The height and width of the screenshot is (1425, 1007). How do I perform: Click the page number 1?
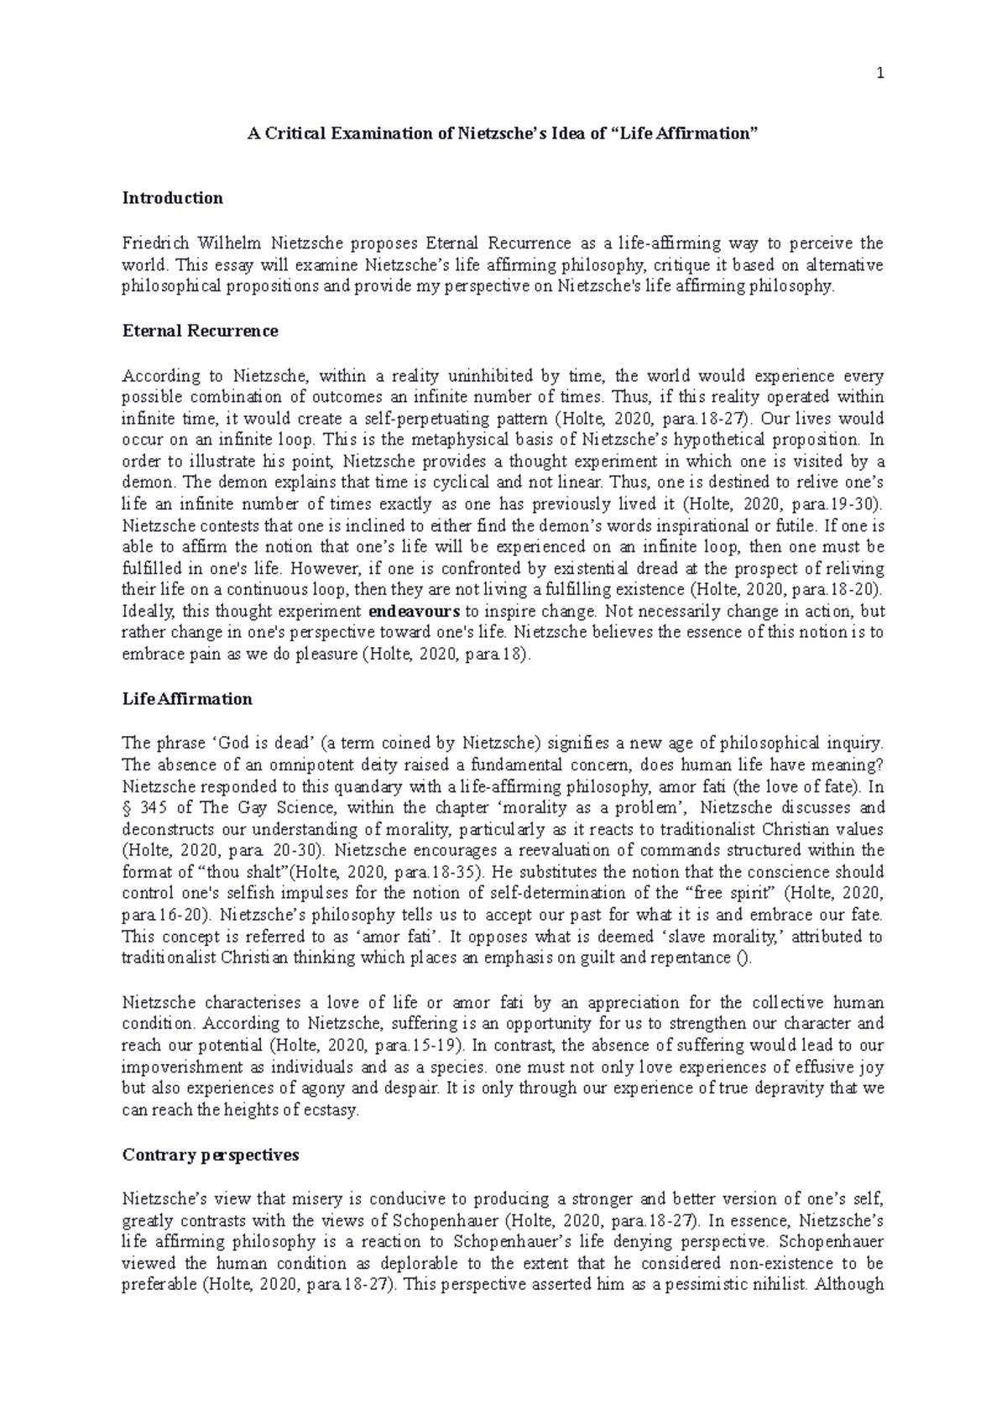[880, 74]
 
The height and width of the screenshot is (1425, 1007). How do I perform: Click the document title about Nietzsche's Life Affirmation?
[503, 133]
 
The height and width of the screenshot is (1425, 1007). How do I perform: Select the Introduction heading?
[173, 198]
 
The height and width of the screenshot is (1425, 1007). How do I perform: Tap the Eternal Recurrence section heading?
[200, 331]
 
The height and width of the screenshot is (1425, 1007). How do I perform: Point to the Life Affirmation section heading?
[187, 699]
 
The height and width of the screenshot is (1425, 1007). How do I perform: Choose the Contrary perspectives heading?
[211, 1155]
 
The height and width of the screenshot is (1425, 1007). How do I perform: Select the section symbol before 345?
[127, 808]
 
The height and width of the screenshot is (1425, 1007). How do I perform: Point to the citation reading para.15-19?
[416, 1046]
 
